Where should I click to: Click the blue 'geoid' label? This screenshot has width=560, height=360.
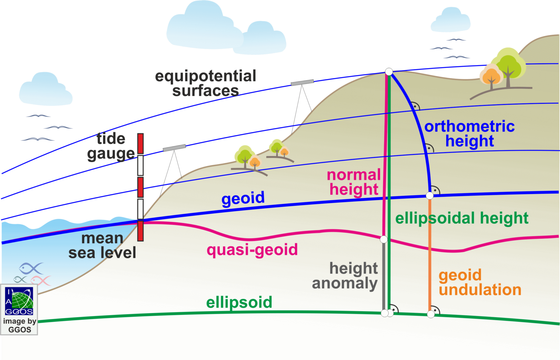[243, 198]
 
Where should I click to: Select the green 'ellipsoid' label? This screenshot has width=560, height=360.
[239, 302]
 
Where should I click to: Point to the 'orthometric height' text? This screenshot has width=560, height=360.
[470, 134]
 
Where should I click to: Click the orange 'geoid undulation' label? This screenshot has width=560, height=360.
[480, 282]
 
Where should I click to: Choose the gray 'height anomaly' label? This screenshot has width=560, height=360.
[345, 276]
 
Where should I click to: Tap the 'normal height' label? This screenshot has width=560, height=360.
[354, 182]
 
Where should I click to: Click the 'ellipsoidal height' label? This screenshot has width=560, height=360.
[462, 218]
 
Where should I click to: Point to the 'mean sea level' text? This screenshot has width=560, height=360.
[102, 245]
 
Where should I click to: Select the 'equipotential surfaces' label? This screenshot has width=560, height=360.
[206, 83]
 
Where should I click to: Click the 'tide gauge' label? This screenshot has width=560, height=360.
[111, 146]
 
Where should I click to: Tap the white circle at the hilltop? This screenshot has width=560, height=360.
[389, 71]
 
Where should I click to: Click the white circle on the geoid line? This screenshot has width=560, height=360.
[430, 195]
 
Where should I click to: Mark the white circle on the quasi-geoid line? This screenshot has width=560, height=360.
[384, 240]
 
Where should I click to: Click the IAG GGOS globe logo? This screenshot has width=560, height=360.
[19, 301]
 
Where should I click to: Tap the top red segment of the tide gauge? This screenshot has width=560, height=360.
[140, 144]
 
